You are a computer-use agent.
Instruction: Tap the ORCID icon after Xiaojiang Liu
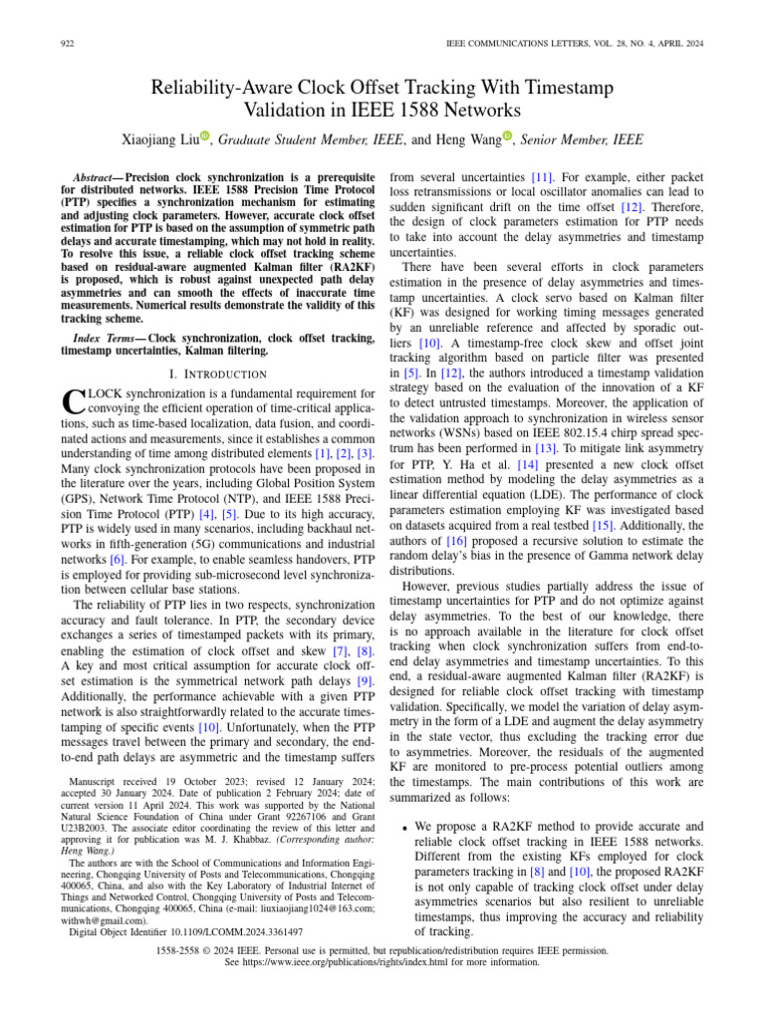click(206, 136)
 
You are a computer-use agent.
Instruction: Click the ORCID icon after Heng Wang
click(507, 136)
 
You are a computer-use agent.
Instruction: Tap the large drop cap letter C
click(70, 401)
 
